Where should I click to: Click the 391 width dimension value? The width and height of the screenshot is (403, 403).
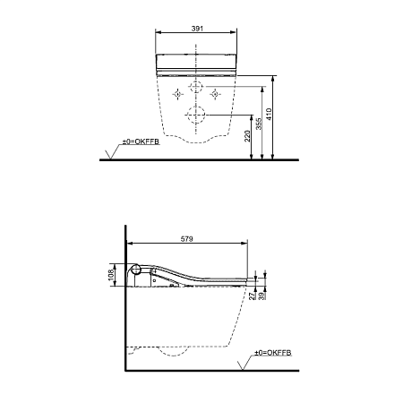(197, 29)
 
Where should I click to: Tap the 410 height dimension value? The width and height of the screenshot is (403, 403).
(269, 114)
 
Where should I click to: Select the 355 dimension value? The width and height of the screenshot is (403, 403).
(259, 124)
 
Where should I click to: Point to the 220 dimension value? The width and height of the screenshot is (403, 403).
(248, 136)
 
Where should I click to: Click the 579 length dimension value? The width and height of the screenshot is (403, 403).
(187, 239)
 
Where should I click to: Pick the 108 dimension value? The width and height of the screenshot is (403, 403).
(112, 275)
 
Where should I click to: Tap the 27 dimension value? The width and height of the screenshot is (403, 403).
(253, 296)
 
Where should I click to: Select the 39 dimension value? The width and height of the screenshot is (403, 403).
(263, 296)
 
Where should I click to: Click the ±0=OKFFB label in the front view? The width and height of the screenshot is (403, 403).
(141, 141)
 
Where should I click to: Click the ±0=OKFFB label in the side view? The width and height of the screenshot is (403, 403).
(273, 353)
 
